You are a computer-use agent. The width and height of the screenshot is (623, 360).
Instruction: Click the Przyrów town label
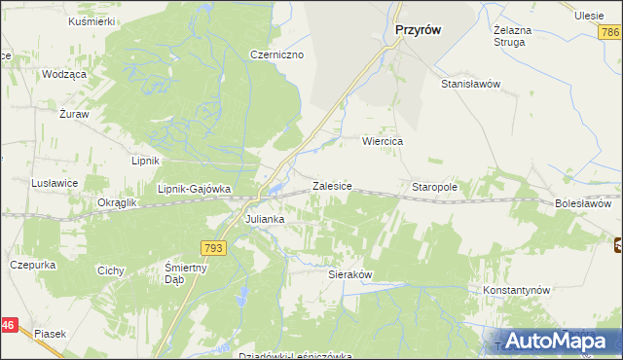click(419, 30)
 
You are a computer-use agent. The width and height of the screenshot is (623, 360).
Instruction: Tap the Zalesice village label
click(331, 185)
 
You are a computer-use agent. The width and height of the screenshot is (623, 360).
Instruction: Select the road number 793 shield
click(214, 249)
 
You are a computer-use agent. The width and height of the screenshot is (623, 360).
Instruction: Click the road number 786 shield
click(609, 33)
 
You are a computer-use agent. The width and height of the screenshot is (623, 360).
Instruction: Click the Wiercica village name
click(383, 141)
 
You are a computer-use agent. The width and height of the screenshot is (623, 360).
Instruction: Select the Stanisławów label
click(470, 84)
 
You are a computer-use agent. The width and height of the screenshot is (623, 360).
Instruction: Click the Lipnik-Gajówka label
click(194, 189)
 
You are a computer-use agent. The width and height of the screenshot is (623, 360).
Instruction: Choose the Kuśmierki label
click(92, 20)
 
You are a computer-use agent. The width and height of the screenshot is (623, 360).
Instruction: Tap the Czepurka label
click(30, 264)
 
